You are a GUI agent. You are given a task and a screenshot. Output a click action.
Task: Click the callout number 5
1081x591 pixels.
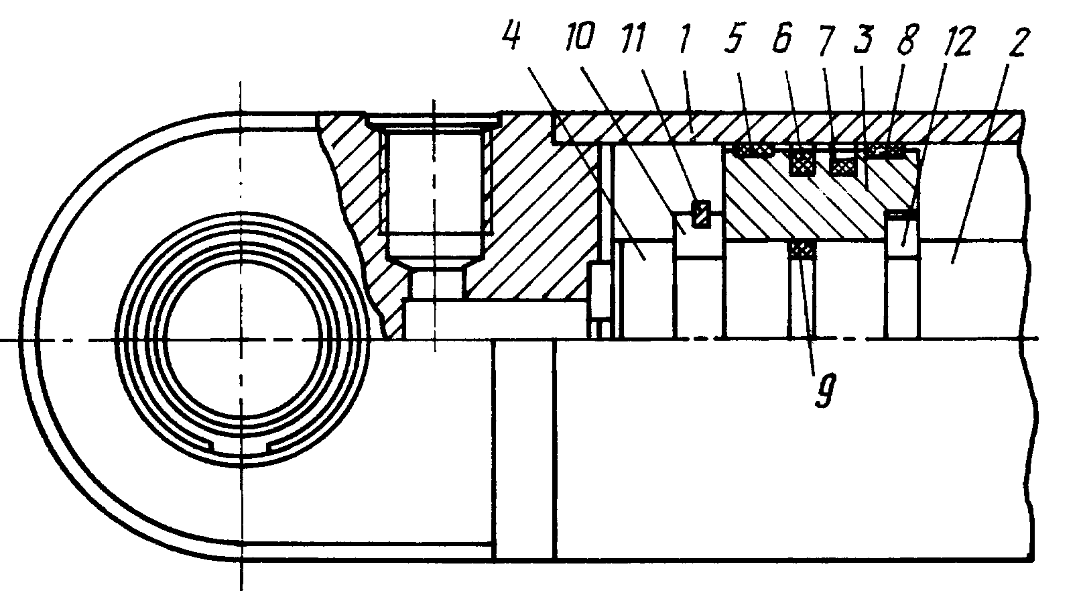pos(734,37)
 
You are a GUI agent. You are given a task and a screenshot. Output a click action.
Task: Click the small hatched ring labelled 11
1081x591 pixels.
pos(701,213)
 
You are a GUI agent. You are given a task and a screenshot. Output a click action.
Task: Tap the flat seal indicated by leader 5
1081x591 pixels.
pos(753,150)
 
